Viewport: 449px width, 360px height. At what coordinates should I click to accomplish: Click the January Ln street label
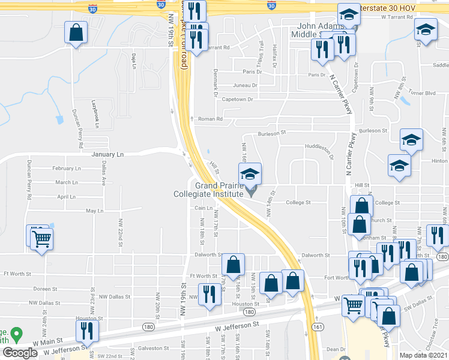click(x=107, y=155)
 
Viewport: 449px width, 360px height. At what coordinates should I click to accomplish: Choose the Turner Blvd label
click(x=422, y=93)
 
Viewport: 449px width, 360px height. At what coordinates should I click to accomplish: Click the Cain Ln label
click(x=200, y=208)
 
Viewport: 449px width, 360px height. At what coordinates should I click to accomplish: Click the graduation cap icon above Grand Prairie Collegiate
click(x=250, y=175)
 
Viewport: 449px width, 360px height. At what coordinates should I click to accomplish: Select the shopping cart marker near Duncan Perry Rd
click(x=42, y=239)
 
